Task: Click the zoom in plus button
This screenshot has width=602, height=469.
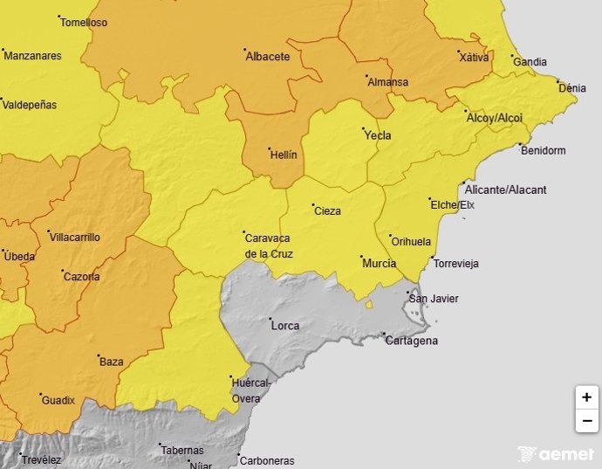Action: pyautogui.click(x=586, y=397)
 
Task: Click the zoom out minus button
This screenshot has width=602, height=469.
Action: pyautogui.click(x=586, y=420)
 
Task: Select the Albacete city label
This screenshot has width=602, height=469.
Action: pyautogui.click(x=268, y=56)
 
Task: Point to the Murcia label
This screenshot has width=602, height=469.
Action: pyautogui.click(x=379, y=263)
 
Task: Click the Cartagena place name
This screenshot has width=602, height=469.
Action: pyautogui.click(x=412, y=341)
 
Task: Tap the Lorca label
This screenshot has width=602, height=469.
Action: pyautogui.click(x=285, y=326)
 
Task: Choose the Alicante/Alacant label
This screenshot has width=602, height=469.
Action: pyautogui.click(x=505, y=190)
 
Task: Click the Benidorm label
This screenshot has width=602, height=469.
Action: pyautogui.click(x=543, y=150)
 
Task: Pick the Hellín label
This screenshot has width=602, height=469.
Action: pyautogui.click(x=284, y=155)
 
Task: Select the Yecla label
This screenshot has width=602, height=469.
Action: pyautogui.click(x=377, y=135)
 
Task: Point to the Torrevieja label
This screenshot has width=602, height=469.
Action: pyautogui.click(x=456, y=263)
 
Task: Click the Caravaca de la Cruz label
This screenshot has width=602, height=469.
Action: pyautogui.click(x=269, y=245)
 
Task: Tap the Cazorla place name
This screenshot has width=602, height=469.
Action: pyautogui.click(x=81, y=277)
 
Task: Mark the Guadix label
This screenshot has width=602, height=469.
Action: pyautogui.click(x=58, y=400)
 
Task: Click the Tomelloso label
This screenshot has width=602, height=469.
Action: pyautogui.click(x=86, y=23)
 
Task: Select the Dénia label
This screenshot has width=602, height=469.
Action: pyautogui.click(x=572, y=88)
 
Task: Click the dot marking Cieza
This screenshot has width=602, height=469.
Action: pyautogui.click(x=312, y=205)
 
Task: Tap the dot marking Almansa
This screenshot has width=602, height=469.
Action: pyautogui.click(x=366, y=76)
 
